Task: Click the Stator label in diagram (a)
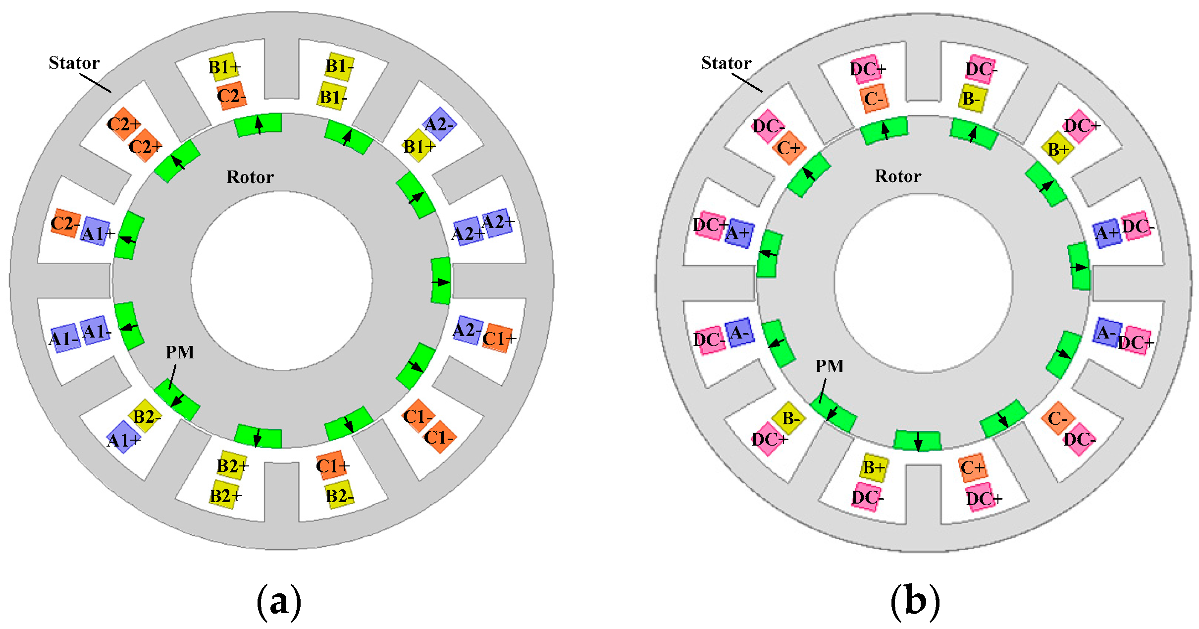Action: click(74, 63)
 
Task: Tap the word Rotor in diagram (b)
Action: click(898, 176)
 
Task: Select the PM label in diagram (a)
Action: click(179, 352)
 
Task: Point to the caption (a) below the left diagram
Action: click(279, 601)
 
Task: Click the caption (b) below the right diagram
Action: click(915, 601)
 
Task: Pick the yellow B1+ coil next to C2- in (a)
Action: click(224, 66)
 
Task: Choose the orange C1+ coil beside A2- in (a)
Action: click(498, 338)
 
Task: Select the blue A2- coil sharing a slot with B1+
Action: click(440, 124)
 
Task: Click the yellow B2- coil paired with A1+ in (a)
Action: click(145, 416)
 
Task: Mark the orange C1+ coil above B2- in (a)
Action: click(331, 465)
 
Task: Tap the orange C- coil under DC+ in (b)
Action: click(874, 99)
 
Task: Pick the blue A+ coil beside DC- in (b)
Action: click(1107, 232)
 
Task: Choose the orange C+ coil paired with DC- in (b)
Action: click(789, 148)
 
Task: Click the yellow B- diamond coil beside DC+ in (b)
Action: click(789, 418)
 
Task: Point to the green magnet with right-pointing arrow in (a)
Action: click(441, 281)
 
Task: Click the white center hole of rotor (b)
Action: click(923, 283)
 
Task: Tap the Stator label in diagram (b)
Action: click(726, 63)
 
